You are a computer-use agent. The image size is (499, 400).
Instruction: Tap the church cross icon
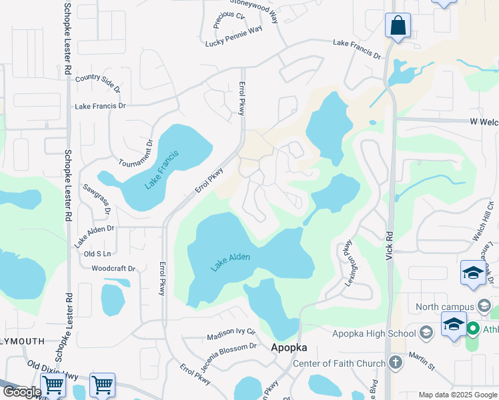point(396,363)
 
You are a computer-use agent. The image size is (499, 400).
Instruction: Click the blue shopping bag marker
point(398,26)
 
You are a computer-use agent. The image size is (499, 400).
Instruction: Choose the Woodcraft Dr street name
point(113,269)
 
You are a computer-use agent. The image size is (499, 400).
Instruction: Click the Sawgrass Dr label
point(96,198)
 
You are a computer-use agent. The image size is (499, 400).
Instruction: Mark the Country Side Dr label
point(98,83)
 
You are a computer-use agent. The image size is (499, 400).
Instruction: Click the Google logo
point(21,392)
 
